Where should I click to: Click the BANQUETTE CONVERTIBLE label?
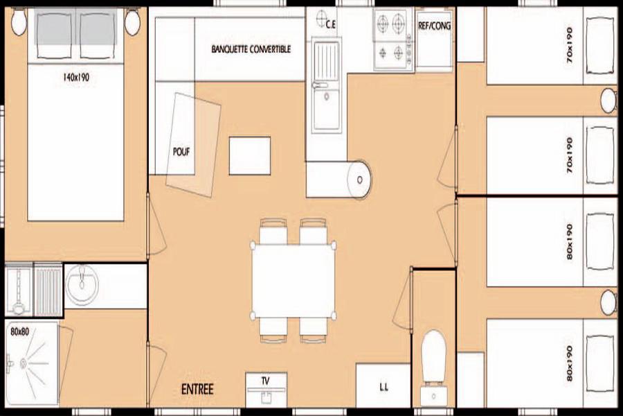pyautogui.click(x=251, y=49)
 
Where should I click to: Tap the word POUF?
pyautogui.click(x=181, y=152)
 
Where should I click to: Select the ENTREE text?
pyautogui.click(x=197, y=389)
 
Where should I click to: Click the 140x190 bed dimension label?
pyautogui.click(x=76, y=77)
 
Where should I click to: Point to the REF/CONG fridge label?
pyautogui.click(x=434, y=26)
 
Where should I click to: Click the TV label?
pyautogui.click(x=265, y=381)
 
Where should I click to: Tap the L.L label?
pyautogui.click(x=383, y=387)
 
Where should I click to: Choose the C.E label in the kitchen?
pyautogui.click(x=331, y=25)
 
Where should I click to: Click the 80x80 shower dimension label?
pyautogui.click(x=19, y=331)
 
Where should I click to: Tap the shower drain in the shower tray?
pyautogui.click(x=23, y=363)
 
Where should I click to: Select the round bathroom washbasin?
pyautogui.click(x=82, y=284)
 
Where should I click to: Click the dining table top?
pyautogui.click(x=294, y=281)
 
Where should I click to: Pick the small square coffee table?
pyautogui.click(x=249, y=155)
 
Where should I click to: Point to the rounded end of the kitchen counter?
pyautogui.click(x=359, y=180)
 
